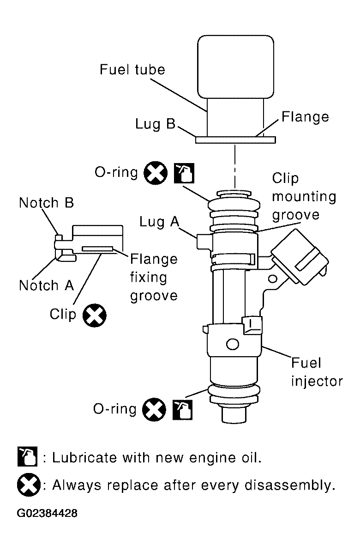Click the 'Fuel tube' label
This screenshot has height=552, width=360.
click(132, 69)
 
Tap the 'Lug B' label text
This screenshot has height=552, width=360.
click(155, 124)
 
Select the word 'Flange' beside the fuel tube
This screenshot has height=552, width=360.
click(305, 117)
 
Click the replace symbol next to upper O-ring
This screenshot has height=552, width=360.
click(156, 173)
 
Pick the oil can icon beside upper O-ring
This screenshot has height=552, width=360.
click(184, 173)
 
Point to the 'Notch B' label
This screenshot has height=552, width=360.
click(47, 203)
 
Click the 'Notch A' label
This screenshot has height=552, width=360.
click(47, 285)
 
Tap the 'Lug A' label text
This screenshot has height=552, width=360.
click(159, 222)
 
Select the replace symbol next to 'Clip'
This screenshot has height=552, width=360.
click(94, 315)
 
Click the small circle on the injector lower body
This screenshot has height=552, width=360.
click(232, 344)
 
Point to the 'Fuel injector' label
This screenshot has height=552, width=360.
click(317, 372)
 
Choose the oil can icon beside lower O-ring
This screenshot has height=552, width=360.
click(182, 410)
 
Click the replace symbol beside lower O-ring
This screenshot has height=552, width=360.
click(154, 409)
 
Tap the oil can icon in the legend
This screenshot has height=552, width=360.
click(27, 456)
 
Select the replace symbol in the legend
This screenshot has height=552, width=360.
click(29, 485)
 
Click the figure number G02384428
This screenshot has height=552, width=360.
click(47, 513)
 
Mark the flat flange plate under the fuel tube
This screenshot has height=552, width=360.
click(235, 140)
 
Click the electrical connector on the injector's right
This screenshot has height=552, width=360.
click(300, 256)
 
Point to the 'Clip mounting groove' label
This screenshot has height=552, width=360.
click(304, 196)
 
